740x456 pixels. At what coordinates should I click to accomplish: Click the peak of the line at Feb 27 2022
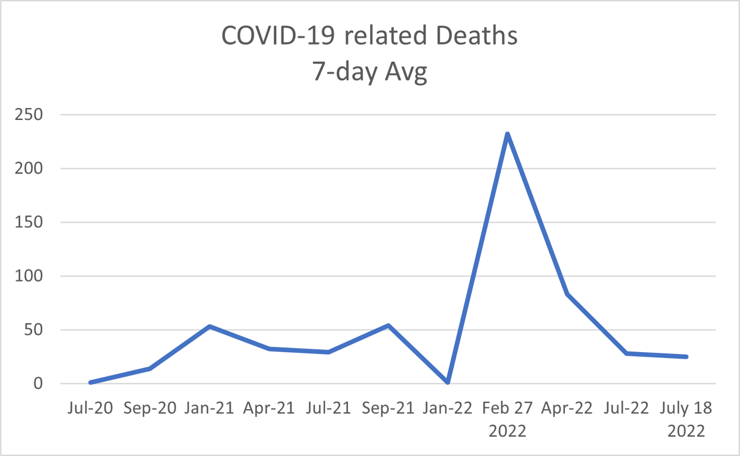point(507,134)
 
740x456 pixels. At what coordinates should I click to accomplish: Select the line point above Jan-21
point(209,326)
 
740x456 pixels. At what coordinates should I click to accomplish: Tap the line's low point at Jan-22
point(447,382)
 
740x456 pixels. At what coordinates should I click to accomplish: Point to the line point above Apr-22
point(567,293)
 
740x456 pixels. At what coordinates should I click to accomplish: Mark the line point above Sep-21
point(388,325)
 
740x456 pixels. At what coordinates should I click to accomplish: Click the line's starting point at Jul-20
point(90,382)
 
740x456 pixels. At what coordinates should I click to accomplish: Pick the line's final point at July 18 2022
point(687,357)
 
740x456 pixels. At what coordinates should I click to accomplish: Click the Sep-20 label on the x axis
point(150,408)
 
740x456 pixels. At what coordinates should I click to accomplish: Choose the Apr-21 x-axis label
point(268,408)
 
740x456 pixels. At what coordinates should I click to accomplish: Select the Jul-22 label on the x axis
point(627,408)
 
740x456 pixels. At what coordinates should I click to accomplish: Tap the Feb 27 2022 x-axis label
point(507,419)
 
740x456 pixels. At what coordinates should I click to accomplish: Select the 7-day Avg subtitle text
point(369,72)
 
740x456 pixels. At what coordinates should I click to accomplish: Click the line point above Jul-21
point(328,352)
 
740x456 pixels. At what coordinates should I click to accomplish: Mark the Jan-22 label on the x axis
point(447,408)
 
